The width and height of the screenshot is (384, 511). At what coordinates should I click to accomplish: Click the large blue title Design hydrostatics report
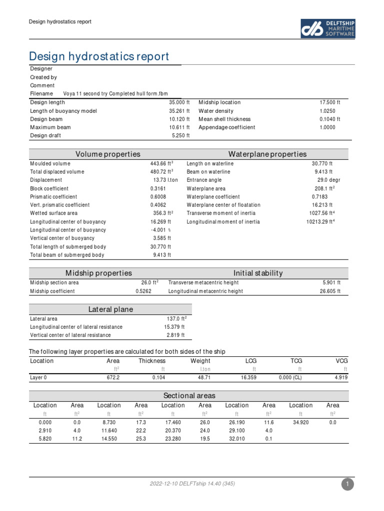click(99, 56)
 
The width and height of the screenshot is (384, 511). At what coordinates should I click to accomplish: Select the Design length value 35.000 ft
click(179, 102)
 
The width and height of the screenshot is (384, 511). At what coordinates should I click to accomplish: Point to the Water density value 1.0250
click(327, 111)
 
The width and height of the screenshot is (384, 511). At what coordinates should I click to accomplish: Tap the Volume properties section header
click(107, 154)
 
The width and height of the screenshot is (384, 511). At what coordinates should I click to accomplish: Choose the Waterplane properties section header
click(267, 154)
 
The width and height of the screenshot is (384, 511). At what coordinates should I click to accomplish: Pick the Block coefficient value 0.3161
click(158, 188)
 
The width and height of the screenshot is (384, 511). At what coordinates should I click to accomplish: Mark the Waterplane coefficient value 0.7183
click(319, 197)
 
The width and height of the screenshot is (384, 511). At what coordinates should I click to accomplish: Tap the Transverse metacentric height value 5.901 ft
click(331, 283)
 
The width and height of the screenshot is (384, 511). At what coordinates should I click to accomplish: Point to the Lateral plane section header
click(110, 309)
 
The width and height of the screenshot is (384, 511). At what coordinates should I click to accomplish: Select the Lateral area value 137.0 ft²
click(176, 318)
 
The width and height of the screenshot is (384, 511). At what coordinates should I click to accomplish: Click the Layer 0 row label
click(38, 378)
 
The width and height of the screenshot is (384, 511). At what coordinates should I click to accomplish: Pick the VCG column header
click(341, 361)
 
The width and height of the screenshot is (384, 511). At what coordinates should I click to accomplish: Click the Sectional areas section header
click(189, 396)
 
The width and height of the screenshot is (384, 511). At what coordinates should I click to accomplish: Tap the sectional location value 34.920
click(300, 422)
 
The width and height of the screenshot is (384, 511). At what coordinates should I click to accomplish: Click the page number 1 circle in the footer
click(347, 484)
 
